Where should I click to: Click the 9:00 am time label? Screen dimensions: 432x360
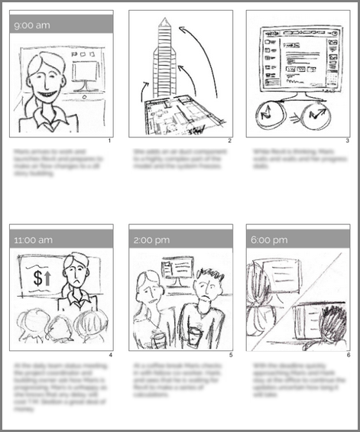click(x=32, y=25)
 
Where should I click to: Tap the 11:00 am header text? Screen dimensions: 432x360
click(x=34, y=239)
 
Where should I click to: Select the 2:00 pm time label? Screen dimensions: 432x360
click(x=151, y=239)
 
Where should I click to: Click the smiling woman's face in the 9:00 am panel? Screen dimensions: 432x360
click(x=43, y=78)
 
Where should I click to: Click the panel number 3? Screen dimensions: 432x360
click(x=346, y=141)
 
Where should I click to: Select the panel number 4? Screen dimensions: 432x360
click(x=111, y=356)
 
